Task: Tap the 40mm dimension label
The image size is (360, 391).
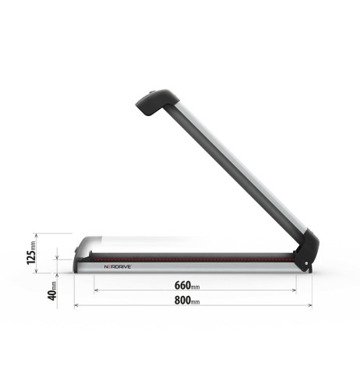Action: click(x=32, y=289)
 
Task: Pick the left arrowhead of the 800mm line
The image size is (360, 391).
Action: click(x=76, y=305)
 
